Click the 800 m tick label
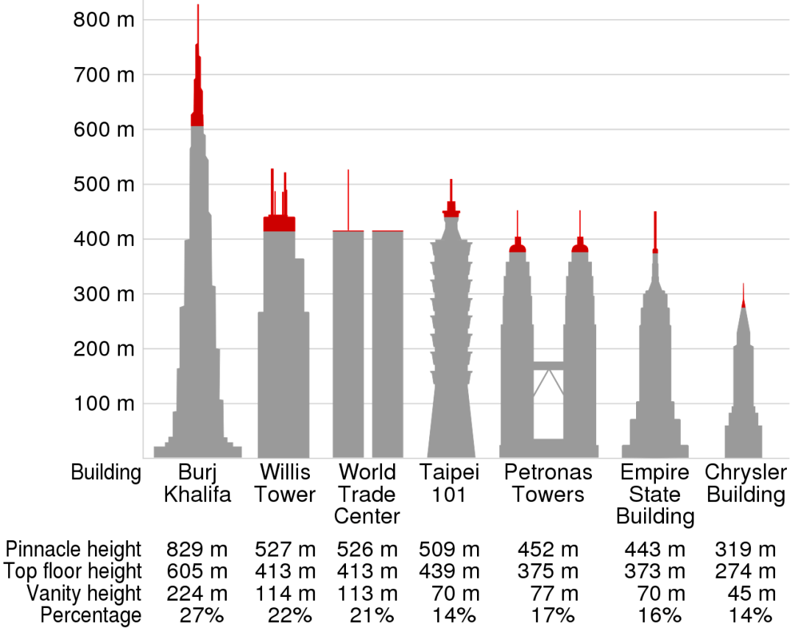click(x=104, y=20)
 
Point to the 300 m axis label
click(x=104, y=294)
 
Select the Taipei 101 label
click(x=449, y=483)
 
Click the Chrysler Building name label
click(x=746, y=483)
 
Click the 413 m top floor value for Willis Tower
click(x=285, y=571)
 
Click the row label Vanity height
click(x=83, y=593)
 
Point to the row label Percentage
click(x=91, y=615)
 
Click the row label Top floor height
click(x=72, y=571)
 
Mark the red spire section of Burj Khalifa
click(x=197, y=96)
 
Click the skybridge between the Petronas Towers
click(x=548, y=366)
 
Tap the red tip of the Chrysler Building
click(x=743, y=303)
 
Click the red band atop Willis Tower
click(x=280, y=224)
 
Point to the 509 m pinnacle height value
click(x=449, y=549)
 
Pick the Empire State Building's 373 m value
click(x=654, y=571)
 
